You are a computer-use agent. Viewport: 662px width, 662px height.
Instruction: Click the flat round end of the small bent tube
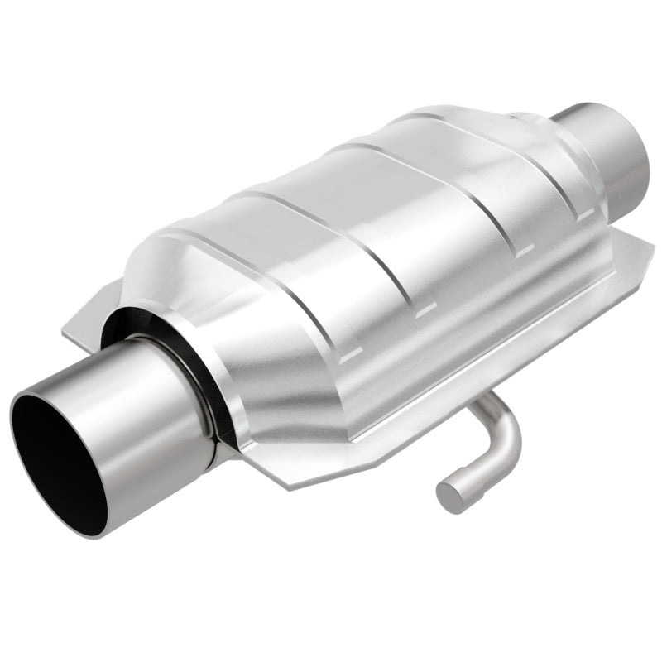(450, 494)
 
